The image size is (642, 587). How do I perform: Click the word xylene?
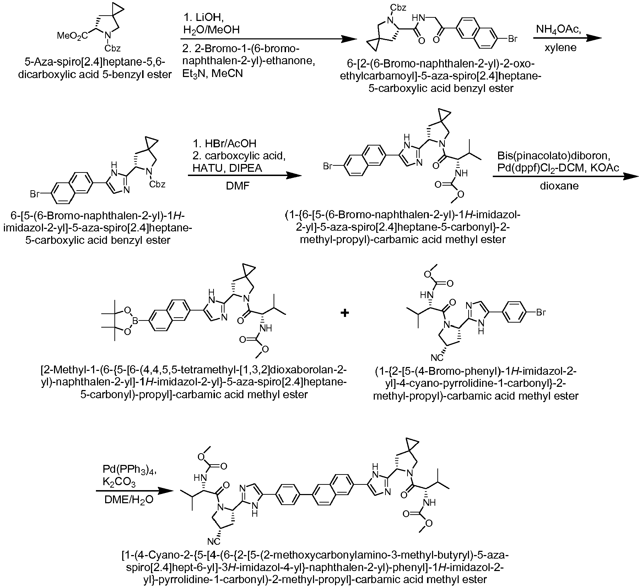pyautogui.click(x=560, y=47)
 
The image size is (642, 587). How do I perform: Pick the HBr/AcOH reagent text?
pyautogui.click(x=225, y=143)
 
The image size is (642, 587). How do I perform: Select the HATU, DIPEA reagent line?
pyautogui.click(x=227, y=168)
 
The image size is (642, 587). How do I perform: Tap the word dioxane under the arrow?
pyautogui.click(x=559, y=185)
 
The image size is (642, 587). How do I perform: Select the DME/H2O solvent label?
pyautogui.click(x=129, y=500)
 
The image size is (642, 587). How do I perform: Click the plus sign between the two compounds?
pyautogui.click(x=344, y=313)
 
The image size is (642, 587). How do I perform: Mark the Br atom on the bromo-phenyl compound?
pyautogui.click(x=540, y=313)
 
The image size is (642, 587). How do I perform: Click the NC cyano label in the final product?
pyautogui.click(x=214, y=541)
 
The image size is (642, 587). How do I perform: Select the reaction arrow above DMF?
pyautogui.click(x=244, y=175)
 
